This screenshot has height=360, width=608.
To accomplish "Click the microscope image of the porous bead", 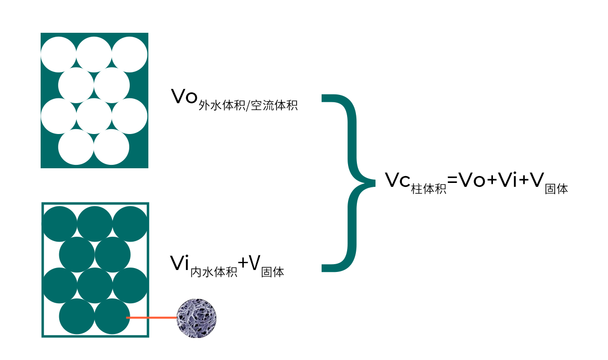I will coord(196,318).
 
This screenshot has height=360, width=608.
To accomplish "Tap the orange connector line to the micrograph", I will coord(152,318).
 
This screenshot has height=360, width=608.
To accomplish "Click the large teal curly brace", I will coord(350,182).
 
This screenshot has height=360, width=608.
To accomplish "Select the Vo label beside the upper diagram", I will coord(184,97).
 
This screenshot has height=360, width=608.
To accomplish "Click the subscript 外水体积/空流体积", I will coord(248,105).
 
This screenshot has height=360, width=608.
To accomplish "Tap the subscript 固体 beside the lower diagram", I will coord(273,271).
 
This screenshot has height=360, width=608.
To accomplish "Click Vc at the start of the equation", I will coord(398,180).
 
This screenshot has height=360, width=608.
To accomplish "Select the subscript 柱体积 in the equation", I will coord(429,188).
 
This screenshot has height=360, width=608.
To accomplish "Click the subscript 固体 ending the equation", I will coord(556,188).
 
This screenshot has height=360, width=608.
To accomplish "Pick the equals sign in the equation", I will coord(452,181).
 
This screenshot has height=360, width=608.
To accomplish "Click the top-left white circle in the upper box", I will coord(58,54).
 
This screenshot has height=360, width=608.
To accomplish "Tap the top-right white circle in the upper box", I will coord(130,54).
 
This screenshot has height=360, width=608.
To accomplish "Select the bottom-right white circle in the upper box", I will coord(112,147).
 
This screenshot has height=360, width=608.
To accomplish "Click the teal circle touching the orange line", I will coord(112,316).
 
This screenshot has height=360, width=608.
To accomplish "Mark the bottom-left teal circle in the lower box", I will coord(77,316).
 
